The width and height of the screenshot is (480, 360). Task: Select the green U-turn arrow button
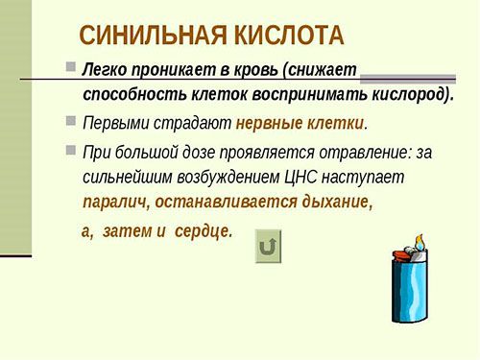coord(270,247)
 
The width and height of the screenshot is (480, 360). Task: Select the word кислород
coord(396,95)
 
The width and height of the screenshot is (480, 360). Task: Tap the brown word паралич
coord(111,203)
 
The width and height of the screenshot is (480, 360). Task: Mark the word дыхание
coord(331,203)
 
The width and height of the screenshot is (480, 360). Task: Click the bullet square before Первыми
coord(70,121)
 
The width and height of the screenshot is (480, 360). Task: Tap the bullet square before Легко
coord(70,68)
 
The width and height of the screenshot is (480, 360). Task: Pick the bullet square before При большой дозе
coord(70,150)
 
